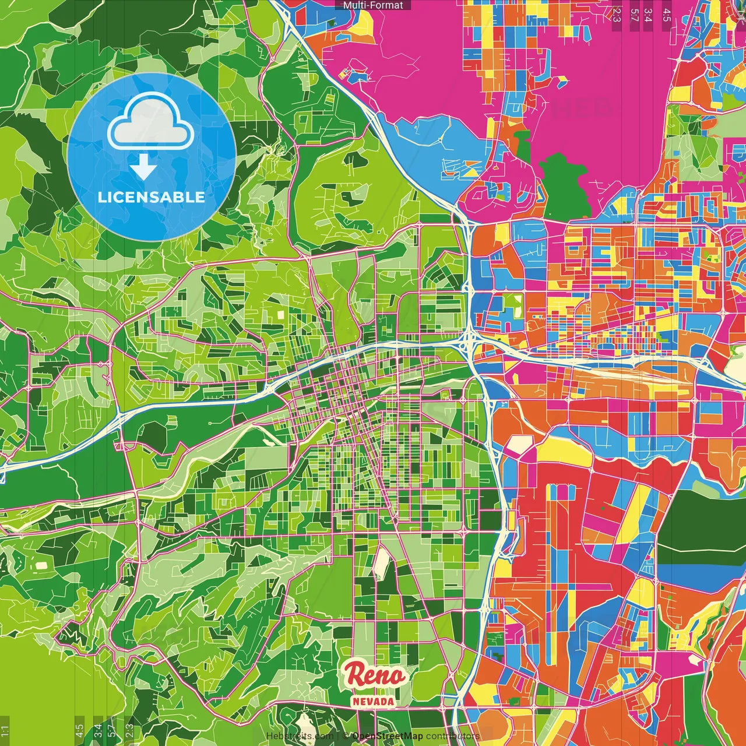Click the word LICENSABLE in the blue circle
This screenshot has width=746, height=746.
tap(152, 197)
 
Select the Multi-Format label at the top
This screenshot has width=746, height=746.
tap(373, 5)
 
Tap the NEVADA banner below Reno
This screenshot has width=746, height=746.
tap(373, 701)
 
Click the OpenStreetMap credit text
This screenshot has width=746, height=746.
tap(387, 736)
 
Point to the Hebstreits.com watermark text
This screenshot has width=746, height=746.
tap(300, 736)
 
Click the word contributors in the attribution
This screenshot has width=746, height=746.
tap(452, 736)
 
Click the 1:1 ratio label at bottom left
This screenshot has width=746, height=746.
tap(5, 731)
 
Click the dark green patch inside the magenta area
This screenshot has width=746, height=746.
tap(564, 186)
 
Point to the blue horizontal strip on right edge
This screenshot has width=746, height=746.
tap(699, 570)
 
